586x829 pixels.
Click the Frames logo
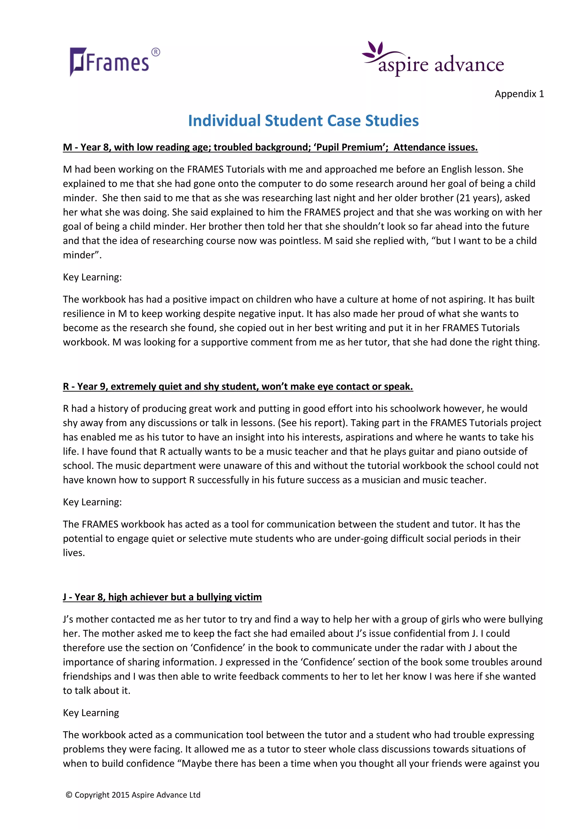(109, 62)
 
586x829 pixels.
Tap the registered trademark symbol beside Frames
(156, 52)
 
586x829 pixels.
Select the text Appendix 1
(519, 94)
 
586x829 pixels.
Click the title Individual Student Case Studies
(303, 121)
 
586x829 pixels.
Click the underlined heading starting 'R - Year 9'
(237, 386)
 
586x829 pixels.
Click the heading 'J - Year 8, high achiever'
(162, 597)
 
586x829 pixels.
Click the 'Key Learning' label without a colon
(91, 713)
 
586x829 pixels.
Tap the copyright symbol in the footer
(69, 795)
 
